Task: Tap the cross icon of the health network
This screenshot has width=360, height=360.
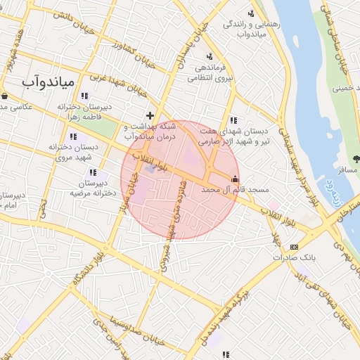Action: point(150,115)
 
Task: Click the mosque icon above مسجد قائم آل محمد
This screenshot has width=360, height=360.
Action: point(234,179)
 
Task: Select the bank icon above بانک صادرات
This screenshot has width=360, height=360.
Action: point(293,247)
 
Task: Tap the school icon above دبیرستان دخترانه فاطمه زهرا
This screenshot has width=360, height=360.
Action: point(85,96)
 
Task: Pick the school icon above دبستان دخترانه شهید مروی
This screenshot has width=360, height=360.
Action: point(72,136)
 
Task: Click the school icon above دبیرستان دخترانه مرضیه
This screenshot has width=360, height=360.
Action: point(92,172)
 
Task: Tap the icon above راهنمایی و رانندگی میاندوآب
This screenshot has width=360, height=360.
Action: point(251,13)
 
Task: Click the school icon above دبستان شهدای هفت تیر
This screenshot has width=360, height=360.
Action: point(233,120)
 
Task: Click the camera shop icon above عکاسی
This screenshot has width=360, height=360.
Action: point(5,96)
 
